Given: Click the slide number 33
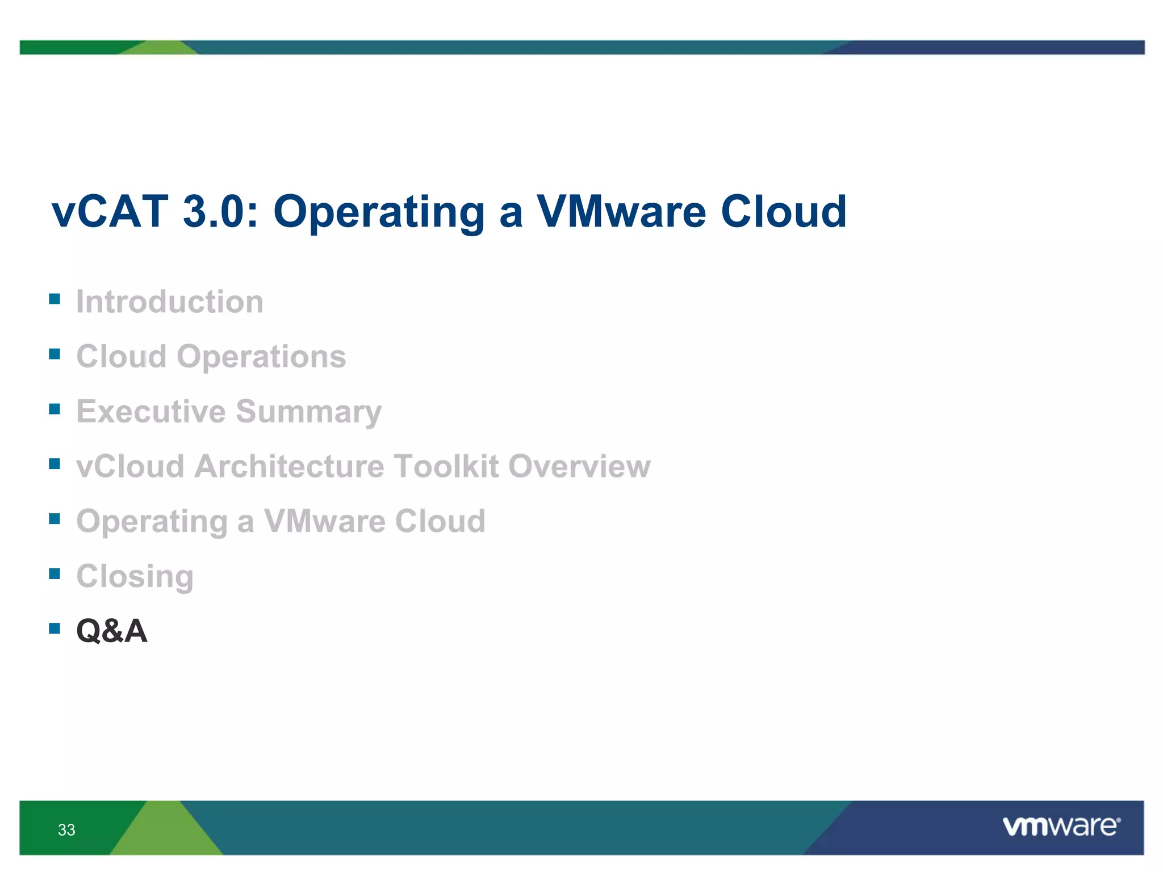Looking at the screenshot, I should coord(66,830).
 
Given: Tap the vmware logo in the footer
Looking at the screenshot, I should coord(1061,827).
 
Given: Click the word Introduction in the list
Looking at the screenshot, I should coord(170,301).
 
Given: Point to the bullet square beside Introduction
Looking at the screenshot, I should coord(55,299).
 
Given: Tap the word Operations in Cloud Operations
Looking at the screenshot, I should coord(261,357).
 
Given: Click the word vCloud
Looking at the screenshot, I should coord(131,466).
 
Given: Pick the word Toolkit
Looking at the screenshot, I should coord(446,466).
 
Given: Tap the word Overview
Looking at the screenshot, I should coord(579,466).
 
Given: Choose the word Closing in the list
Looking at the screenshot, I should coord(135,577).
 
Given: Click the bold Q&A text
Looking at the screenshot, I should coord(112,631).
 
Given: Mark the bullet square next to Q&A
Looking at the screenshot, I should coord(55,628).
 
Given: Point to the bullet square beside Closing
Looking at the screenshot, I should coord(55,573).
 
